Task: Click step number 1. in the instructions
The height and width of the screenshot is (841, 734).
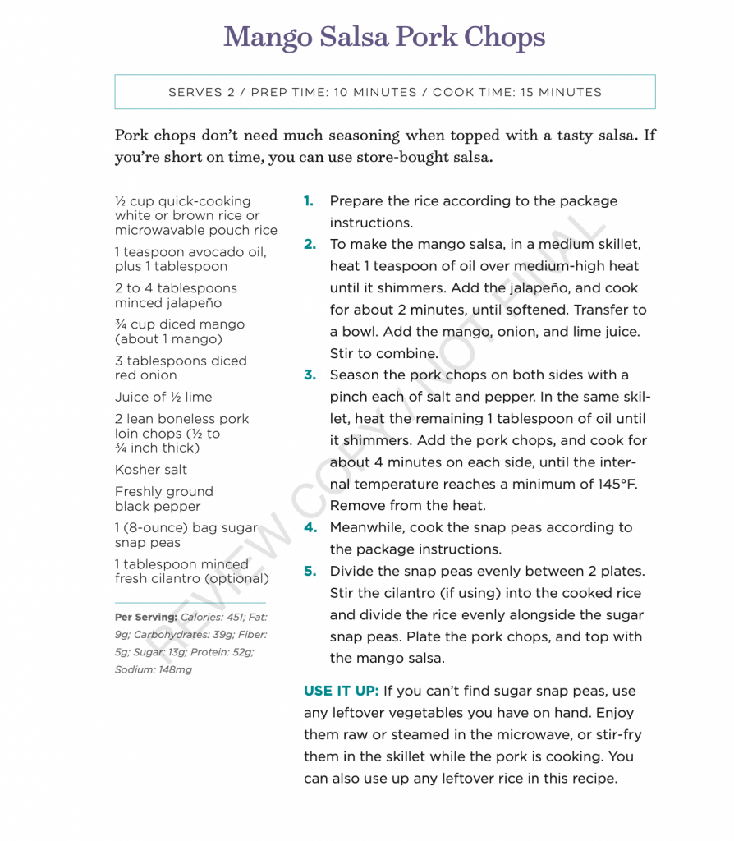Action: (309, 201)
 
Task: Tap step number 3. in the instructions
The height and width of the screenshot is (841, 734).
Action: (310, 375)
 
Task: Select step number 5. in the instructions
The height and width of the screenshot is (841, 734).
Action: (310, 571)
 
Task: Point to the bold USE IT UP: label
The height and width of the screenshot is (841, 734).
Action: (341, 691)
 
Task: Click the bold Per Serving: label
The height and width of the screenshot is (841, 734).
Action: (145, 617)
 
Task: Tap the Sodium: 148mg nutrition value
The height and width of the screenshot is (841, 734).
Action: (154, 669)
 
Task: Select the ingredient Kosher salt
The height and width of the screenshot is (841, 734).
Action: (151, 470)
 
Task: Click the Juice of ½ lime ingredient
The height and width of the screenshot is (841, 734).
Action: (163, 397)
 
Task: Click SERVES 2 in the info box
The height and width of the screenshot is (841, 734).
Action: (201, 92)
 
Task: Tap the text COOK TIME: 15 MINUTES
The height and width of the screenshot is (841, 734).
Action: (517, 92)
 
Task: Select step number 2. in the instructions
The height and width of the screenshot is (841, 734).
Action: (310, 245)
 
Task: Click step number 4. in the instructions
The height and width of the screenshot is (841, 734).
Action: (310, 527)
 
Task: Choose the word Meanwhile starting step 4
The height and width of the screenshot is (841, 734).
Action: (366, 527)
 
